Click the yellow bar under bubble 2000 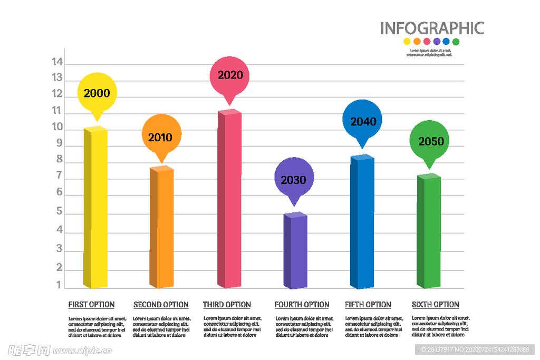click(x=95, y=208)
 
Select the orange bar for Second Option click(x=162, y=228)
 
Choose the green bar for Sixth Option click(x=429, y=232)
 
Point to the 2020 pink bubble click(x=230, y=75)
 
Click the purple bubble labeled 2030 click(x=294, y=180)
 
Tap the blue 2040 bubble click(x=363, y=121)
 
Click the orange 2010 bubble click(x=161, y=137)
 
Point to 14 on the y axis click(x=57, y=62)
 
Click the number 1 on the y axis click(x=59, y=285)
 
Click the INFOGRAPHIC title click(x=432, y=28)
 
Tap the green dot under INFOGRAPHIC click(x=456, y=42)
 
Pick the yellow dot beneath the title click(x=407, y=42)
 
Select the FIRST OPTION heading click(x=91, y=305)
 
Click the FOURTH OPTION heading click(x=302, y=305)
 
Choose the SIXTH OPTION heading click(x=435, y=305)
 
